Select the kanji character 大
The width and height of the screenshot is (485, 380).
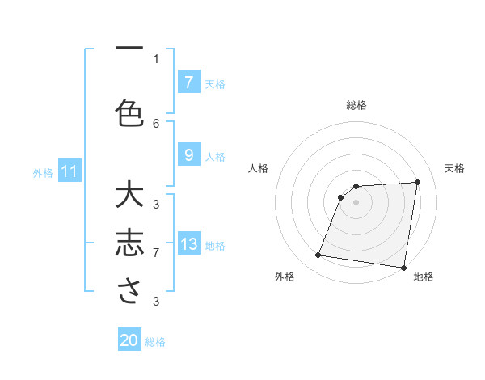(129, 196)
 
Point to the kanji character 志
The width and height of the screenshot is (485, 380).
(129, 244)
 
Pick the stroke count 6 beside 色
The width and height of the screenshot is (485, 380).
(156, 123)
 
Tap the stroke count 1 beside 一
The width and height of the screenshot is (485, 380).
(156, 58)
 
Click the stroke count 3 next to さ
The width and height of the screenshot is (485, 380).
(156, 302)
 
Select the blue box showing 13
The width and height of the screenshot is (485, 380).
(188, 244)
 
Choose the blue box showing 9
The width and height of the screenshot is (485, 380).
(188, 155)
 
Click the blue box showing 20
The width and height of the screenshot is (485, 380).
(129, 340)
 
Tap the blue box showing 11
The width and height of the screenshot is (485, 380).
(70, 171)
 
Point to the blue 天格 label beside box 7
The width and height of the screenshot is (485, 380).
(215, 83)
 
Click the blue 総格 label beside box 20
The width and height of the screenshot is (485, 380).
(155, 342)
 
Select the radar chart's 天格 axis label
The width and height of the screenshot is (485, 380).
(455, 168)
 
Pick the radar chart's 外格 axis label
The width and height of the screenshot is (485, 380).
(285, 277)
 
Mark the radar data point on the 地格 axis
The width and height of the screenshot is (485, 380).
(403, 267)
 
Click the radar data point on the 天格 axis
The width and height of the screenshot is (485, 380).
(417, 182)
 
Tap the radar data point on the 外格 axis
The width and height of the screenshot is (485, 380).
(318, 255)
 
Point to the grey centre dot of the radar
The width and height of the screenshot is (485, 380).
(356, 202)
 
